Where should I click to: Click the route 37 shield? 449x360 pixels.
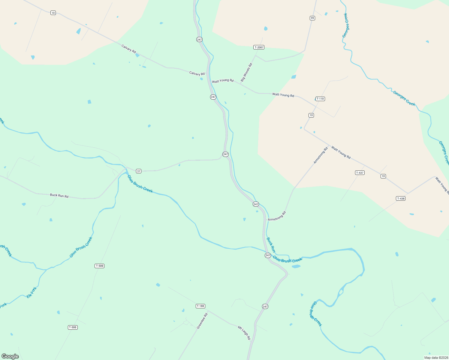[x=138, y=171]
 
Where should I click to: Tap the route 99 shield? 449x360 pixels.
[x=312, y=18]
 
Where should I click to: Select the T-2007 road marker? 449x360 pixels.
[x=259, y=47]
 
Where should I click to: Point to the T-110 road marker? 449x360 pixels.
[x=320, y=99]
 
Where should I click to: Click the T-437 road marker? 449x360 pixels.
[x=360, y=172]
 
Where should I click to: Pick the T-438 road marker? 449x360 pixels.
[x=401, y=198]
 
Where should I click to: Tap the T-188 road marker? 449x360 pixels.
[x=200, y=306]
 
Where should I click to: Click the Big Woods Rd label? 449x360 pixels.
[x=246, y=72]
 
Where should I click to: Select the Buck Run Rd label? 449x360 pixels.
[x=59, y=196]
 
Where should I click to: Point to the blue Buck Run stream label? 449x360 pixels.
[x=271, y=245]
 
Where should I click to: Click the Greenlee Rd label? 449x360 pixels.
[x=202, y=321]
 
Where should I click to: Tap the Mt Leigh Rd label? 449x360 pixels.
[x=244, y=333]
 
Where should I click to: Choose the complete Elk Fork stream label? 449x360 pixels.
[x=32, y=292]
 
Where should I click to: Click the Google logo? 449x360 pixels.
[x=10, y=356]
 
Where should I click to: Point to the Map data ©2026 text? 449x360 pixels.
[x=435, y=358]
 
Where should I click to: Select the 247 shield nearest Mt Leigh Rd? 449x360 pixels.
[x=265, y=306]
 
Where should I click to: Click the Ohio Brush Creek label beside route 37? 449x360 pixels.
[x=140, y=184]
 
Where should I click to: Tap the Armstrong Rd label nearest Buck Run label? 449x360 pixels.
[x=277, y=216]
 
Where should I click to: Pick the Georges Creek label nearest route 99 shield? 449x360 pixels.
[x=346, y=25]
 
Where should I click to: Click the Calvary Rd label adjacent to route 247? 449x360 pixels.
[x=197, y=73]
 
